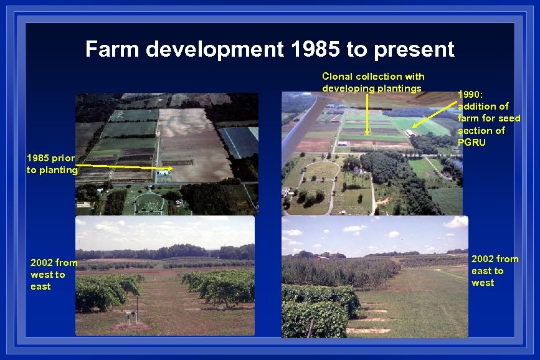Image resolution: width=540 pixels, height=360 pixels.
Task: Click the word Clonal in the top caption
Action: (x=337, y=76)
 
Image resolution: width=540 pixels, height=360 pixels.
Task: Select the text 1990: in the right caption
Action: (x=470, y=95)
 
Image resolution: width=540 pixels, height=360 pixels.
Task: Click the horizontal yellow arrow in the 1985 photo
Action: (x=125, y=167)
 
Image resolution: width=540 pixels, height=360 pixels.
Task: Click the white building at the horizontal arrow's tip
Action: (x=163, y=172)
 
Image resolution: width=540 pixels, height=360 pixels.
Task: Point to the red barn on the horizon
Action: (x=321, y=257)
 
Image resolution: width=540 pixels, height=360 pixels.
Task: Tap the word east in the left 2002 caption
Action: (x=40, y=287)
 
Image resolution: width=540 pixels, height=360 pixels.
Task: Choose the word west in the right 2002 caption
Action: (x=483, y=283)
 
